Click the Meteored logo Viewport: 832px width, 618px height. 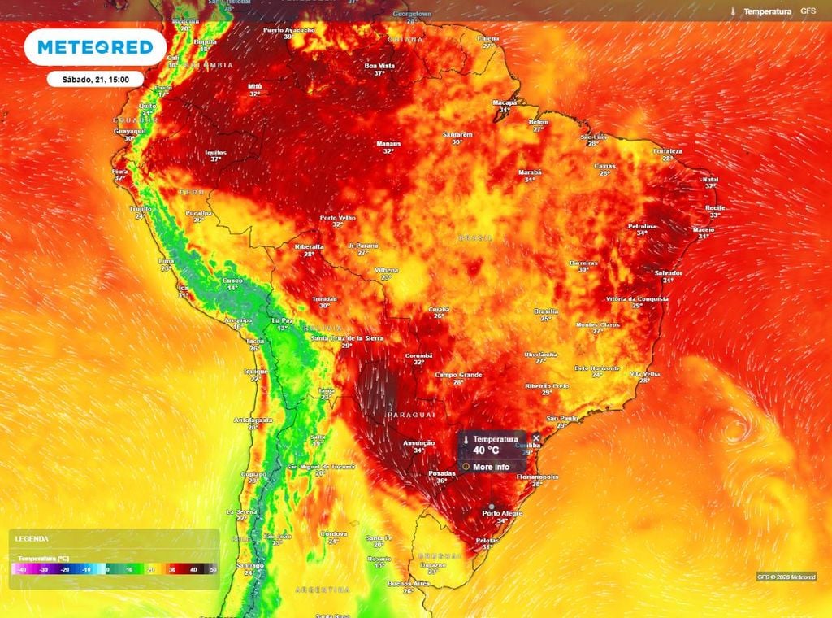click(x=94, y=48)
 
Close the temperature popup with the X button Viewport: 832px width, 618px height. click(x=535, y=438)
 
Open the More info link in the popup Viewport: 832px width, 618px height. click(x=491, y=467)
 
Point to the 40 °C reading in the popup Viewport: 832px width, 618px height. click(x=487, y=450)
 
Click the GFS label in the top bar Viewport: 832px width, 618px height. click(x=808, y=11)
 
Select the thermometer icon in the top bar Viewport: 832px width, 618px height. click(x=734, y=12)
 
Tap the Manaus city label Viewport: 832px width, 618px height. click(x=388, y=143)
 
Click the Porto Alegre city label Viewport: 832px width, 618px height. click(x=501, y=513)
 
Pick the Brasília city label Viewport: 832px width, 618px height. click(x=546, y=311)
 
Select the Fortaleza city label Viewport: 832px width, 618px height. click(x=671, y=151)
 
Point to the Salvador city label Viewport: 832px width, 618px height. click(x=668, y=273)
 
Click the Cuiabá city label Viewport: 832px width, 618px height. click(x=440, y=309)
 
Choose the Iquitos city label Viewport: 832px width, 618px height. click(x=216, y=152)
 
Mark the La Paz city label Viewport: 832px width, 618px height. click(x=282, y=320)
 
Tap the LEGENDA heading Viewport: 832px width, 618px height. click(x=32, y=538)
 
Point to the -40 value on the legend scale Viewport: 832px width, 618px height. click(x=24, y=571)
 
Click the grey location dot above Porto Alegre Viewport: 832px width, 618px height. click(x=492, y=506)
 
